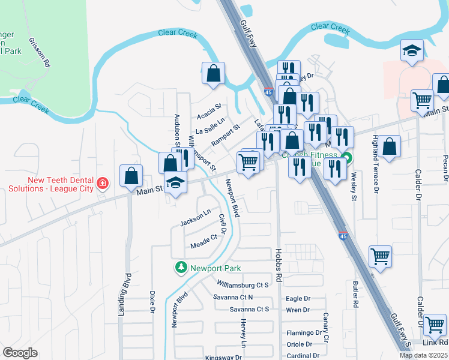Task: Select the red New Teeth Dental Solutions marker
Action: point(103,182)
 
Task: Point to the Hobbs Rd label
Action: point(279,265)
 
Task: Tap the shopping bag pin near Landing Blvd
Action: point(131,175)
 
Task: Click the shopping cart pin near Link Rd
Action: point(435,325)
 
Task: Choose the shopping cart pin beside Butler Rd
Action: point(380,256)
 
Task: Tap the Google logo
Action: point(20,353)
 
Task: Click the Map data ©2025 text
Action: point(424,355)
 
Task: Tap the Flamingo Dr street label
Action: point(304,333)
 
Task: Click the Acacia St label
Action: point(209,111)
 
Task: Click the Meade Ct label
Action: point(203,241)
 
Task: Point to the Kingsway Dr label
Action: point(223,357)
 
